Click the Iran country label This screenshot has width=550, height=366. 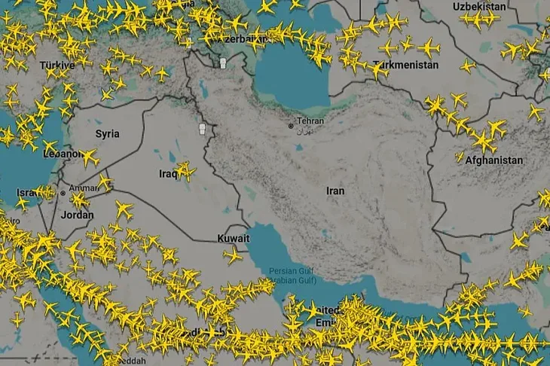pos(335,191)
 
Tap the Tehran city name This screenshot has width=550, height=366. pos(310,120)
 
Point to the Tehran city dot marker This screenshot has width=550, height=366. pos(291,126)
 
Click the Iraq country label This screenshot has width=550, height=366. pos(167,173)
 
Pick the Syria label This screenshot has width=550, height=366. pos(107,134)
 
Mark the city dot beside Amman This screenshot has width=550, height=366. pos(63,192)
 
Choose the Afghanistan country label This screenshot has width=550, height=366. pos(493,160)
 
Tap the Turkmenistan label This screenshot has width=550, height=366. pos(405,66)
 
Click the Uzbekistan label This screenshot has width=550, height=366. pos(479,7)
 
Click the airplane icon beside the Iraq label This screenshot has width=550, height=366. pos(185,170)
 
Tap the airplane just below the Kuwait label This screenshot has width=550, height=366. pos(232,255)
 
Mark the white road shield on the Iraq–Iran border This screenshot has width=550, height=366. pos(201,129)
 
